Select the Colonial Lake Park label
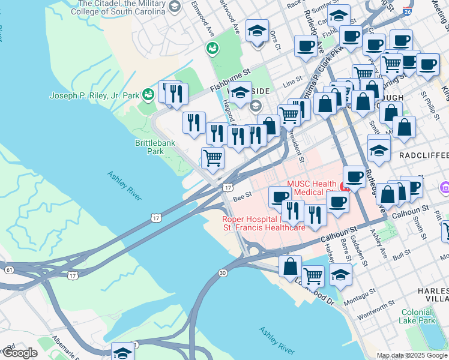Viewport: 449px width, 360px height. tap(417, 316)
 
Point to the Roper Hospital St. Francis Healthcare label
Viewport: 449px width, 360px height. tap(264, 223)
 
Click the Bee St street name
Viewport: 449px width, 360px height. tap(241, 194)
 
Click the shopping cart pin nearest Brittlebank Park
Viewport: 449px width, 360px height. tap(212, 158)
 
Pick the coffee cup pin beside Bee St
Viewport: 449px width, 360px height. tap(280, 197)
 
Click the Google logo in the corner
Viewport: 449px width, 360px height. tap(20, 353)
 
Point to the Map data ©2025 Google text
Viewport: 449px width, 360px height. tap(412, 355)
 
